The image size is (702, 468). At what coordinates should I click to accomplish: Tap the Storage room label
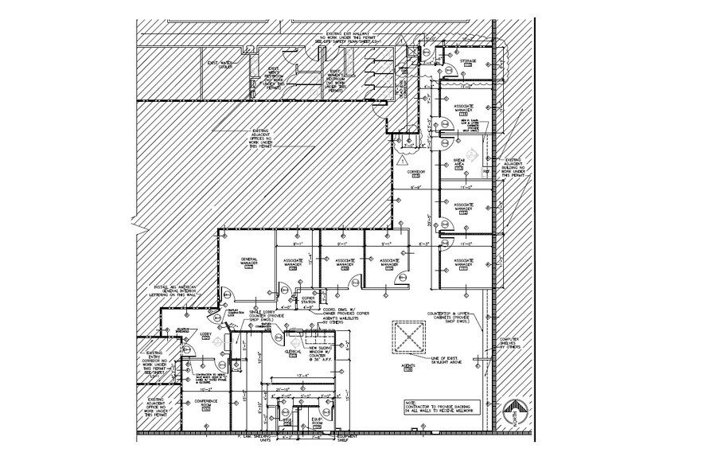pyautogui.click(x=468, y=61)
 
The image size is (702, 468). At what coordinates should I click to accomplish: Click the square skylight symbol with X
pyautogui.click(x=412, y=339)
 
